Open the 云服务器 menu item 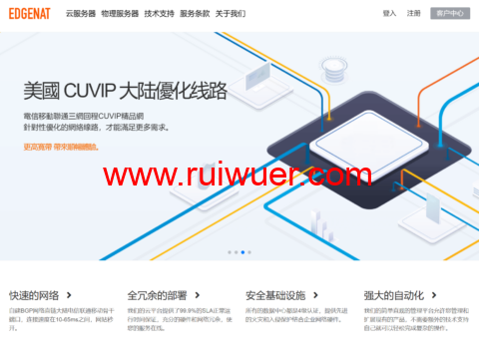click(81, 14)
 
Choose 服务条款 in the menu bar click(195, 14)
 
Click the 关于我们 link click(231, 14)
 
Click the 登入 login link click(389, 14)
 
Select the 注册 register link click(414, 14)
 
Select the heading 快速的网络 click(35, 295)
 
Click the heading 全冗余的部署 click(157, 295)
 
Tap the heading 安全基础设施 click(275, 295)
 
